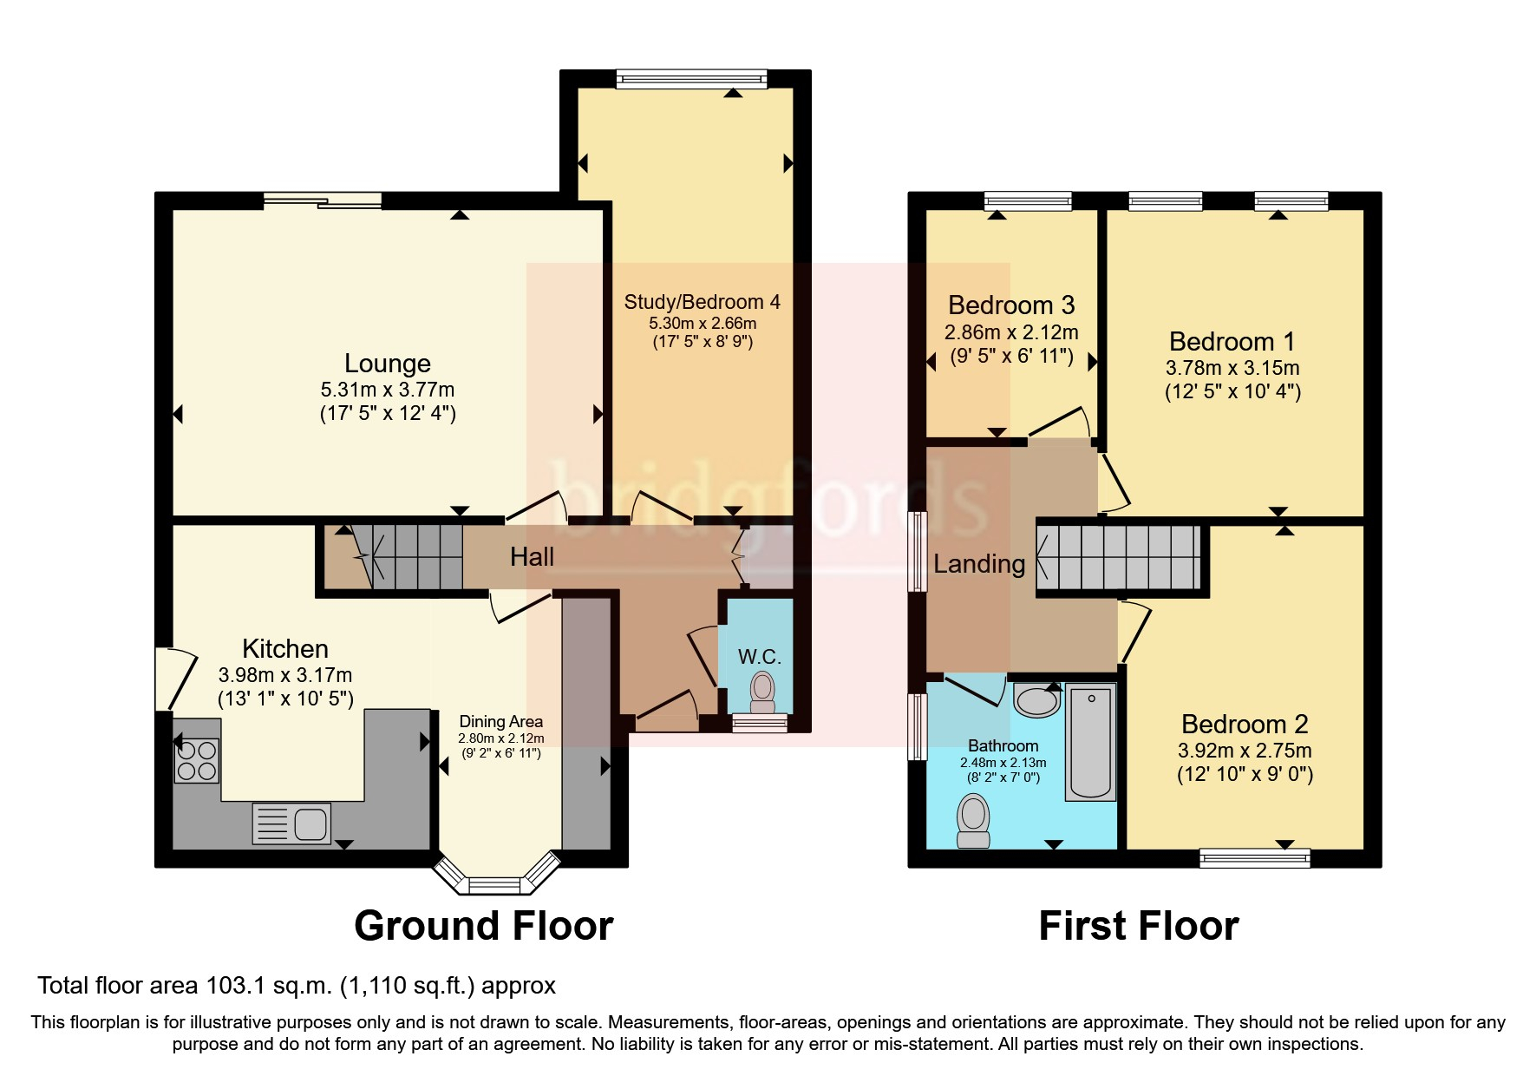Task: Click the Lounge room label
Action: point(387,363)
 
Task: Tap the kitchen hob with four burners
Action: point(196,760)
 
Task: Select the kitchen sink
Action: point(291,823)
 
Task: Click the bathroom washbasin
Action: point(1036,699)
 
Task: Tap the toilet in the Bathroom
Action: point(973,821)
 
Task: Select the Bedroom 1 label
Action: point(1232,341)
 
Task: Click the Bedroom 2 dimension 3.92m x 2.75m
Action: point(1245,751)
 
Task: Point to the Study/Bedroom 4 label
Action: point(702,302)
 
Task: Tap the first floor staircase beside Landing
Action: point(1119,557)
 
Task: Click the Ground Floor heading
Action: point(483,926)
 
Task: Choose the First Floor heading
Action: point(1138,926)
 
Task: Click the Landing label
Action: point(978,564)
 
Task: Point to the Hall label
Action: point(532,557)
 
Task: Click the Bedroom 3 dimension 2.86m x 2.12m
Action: point(1011,332)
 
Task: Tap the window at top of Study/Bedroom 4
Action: point(691,80)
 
